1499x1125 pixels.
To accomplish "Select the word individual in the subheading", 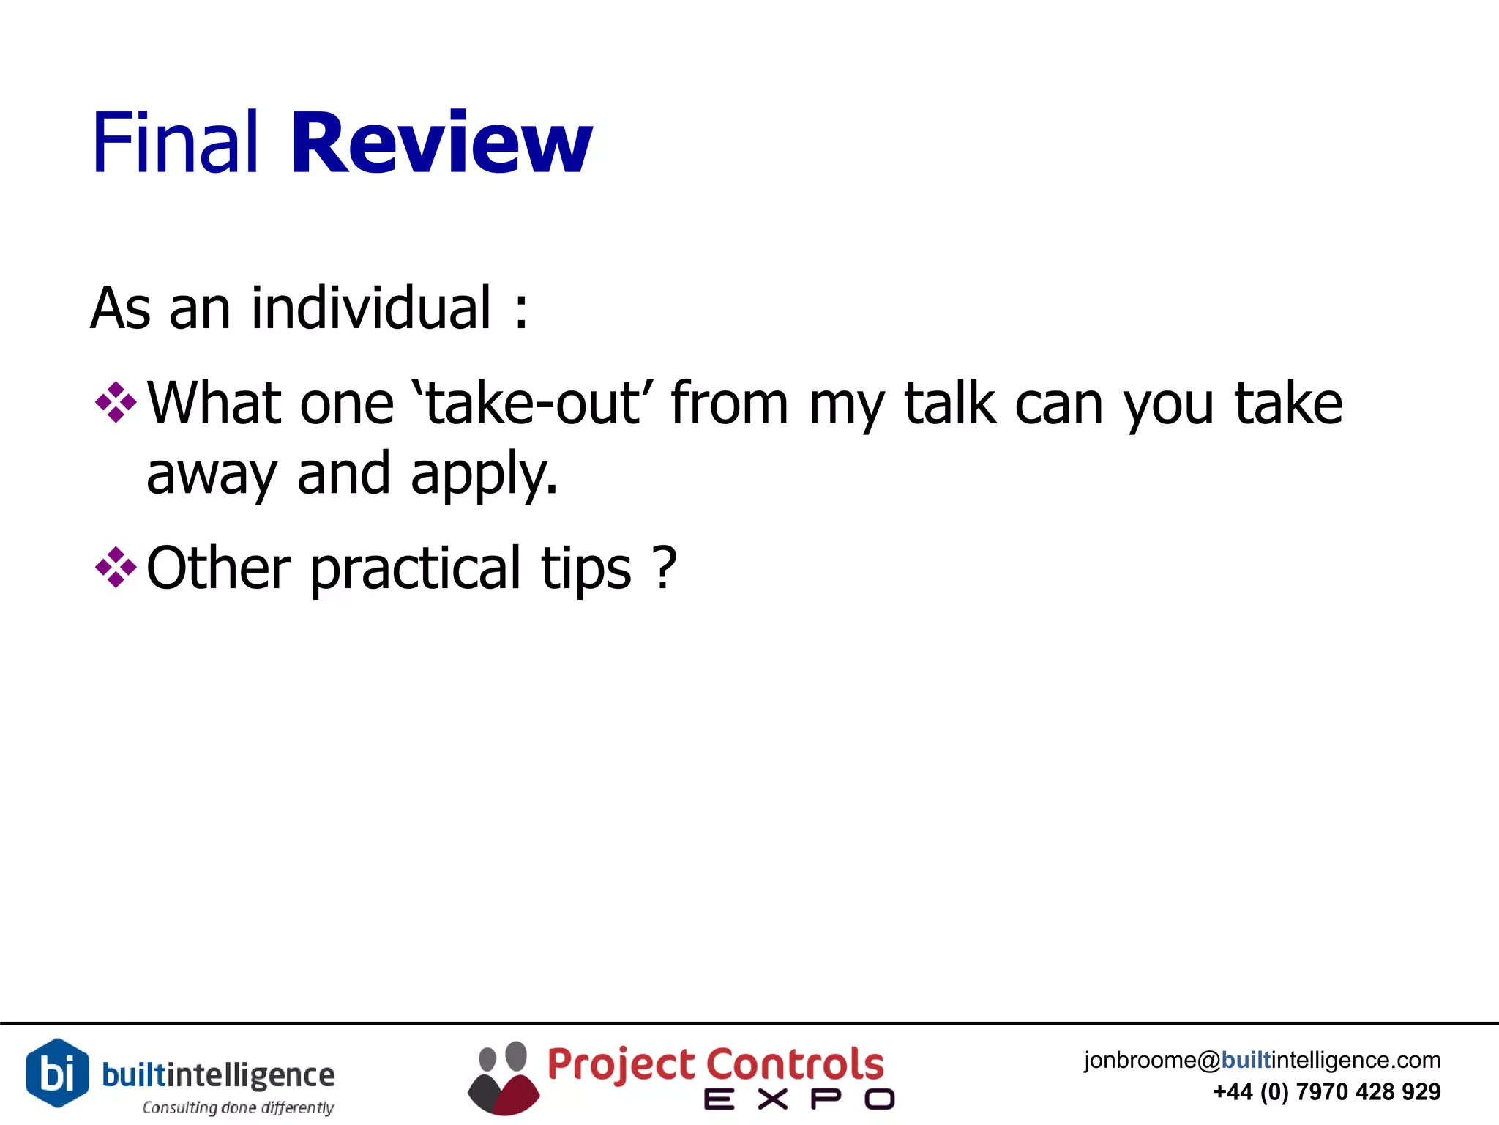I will pyautogui.click(x=371, y=308).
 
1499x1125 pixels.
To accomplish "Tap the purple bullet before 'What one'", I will pyautogui.click(x=116, y=402).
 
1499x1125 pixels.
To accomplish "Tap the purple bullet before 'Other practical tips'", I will pyautogui.click(x=116, y=567).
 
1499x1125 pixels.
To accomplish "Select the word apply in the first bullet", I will pyautogui.click(x=483, y=475).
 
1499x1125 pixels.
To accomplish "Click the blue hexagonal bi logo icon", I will pyautogui.click(x=58, y=1073).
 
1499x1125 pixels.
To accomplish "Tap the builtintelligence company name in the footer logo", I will pyautogui.click(x=218, y=1075).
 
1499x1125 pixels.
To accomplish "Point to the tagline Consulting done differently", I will pyautogui.click(x=238, y=1107).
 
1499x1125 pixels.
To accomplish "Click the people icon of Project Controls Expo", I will pyautogui.click(x=504, y=1078).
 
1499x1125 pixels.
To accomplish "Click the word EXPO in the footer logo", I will pyautogui.click(x=799, y=1099).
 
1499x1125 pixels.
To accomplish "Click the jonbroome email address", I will pyautogui.click(x=1262, y=1060).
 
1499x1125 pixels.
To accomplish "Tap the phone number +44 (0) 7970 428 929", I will pyautogui.click(x=1326, y=1092).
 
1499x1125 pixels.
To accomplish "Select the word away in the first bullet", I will pyautogui.click(x=212, y=475).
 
